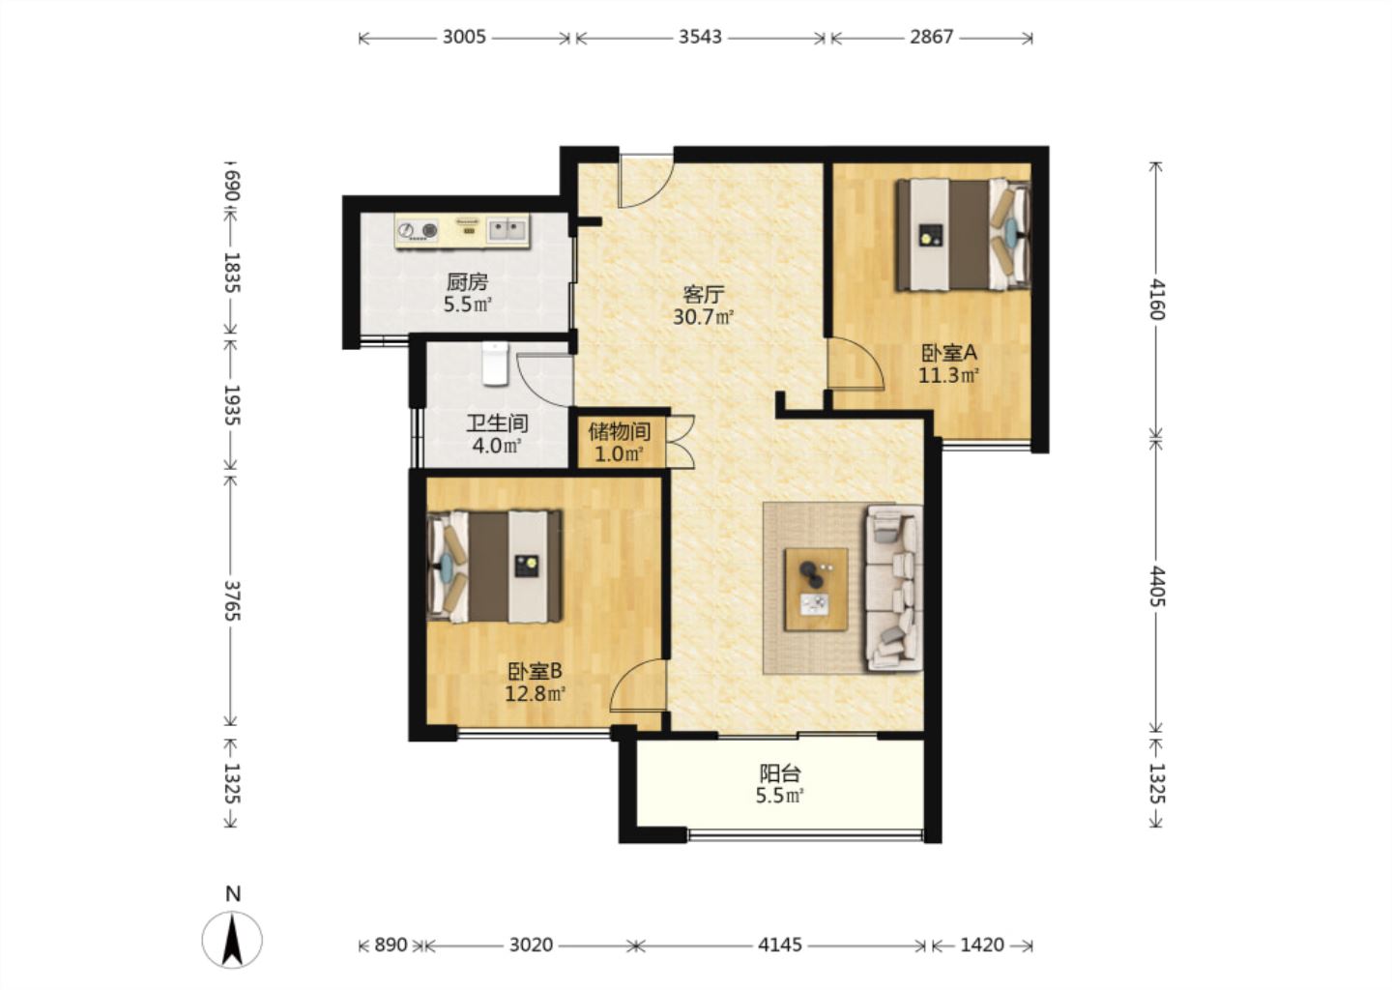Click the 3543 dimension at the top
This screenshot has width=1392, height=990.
pos(700,38)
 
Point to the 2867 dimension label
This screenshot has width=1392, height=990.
pos(931,38)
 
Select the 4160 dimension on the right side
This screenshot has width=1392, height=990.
pos(1156,299)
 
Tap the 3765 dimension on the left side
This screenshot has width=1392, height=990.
pos(231,600)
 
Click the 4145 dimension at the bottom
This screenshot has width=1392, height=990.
pos(780,946)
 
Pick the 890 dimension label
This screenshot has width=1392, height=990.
pos(391,946)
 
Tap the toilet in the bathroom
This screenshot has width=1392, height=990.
pos(495,364)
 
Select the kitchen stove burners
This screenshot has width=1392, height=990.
pos(417,230)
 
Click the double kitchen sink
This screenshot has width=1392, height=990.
pos(507,229)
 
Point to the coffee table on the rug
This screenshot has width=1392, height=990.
pos(816,589)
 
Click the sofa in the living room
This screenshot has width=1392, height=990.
pos(894,587)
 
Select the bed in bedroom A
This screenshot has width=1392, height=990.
pos(963,235)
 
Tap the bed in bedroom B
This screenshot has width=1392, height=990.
pos(495,567)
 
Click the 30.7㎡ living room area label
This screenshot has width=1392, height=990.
pos(703,317)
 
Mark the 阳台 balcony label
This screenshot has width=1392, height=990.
pos(780,773)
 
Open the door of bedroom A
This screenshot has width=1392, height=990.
pos(855,364)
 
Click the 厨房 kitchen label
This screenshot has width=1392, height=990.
pos(467,282)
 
